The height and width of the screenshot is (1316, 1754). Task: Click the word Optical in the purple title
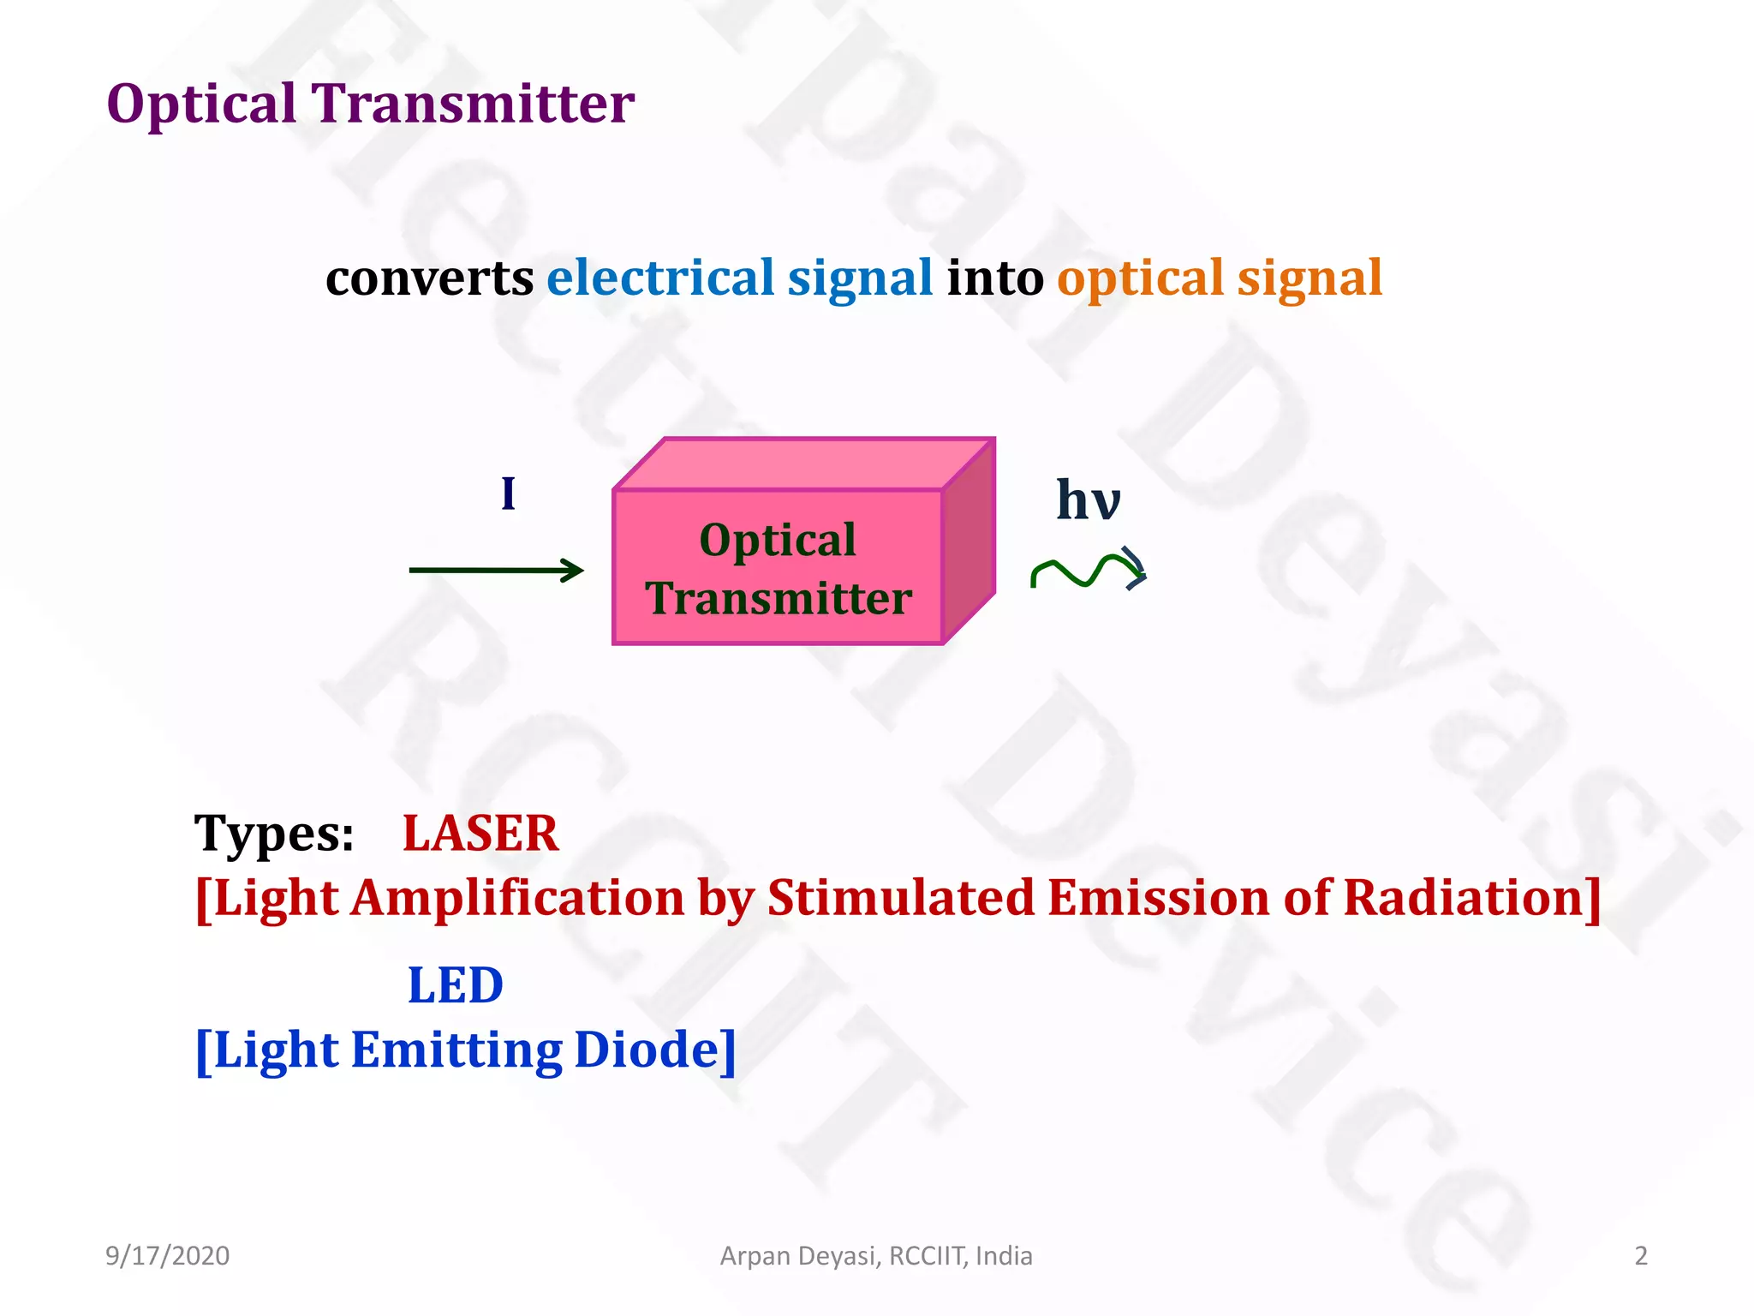pos(201,105)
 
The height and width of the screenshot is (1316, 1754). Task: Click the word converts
pos(429,279)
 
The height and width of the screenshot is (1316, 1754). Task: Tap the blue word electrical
pos(660,279)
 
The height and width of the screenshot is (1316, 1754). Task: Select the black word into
pos(994,279)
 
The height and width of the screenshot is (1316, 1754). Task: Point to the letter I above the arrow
pos(508,494)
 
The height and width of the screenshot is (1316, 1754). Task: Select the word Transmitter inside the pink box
pos(779,598)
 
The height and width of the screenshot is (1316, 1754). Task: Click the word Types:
pos(274,834)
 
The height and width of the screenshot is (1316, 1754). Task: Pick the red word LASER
pos(480,834)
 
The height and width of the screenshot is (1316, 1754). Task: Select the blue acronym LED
pos(455,985)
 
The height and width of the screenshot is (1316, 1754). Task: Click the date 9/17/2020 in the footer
pos(167,1256)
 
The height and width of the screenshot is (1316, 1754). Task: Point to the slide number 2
pos(1640,1256)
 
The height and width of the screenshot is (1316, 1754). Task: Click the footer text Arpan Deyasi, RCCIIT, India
pos(876,1256)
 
